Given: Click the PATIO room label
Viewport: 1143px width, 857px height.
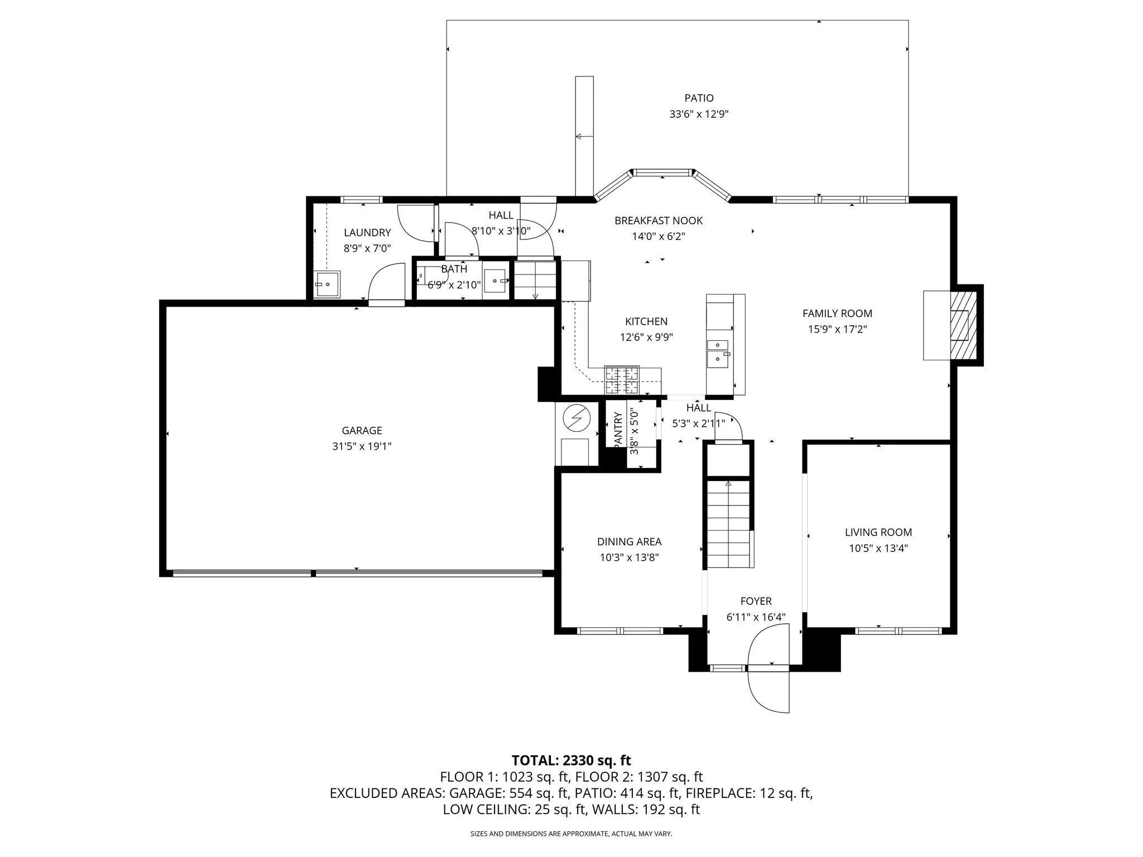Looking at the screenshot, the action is pyautogui.click(x=699, y=98).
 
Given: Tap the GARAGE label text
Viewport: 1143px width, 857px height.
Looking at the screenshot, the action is pyautogui.click(x=362, y=430).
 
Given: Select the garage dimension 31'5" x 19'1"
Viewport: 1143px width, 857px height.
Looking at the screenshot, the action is pyautogui.click(x=362, y=446).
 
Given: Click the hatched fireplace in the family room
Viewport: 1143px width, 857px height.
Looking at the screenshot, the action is pyautogui.click(x=963, y=325).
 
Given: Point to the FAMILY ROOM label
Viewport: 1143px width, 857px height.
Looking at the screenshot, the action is pyautogui.click(x=837, y=314).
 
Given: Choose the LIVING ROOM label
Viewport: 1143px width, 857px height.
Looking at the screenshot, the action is pyautogui.click(x=878, y=532).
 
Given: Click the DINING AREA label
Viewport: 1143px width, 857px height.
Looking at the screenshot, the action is pyautogui.click(x=630, y=541).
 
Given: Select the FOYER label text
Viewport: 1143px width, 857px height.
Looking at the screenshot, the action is pyautogui.click(x=756, y=601).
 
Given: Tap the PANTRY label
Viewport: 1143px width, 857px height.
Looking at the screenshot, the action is pyautogui.click(x=618, y=429).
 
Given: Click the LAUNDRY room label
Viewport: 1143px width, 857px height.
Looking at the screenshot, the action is pyautogui.click(x=367, y=233).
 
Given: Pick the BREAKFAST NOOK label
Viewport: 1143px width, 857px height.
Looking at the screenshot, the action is pyautogui.click(x=659, y=220).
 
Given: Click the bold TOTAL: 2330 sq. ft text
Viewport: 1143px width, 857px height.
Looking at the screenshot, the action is pyautogui.click(x=571, y=760).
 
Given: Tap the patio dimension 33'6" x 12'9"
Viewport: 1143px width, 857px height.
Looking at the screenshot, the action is pyautogui.click(x=699, y=114).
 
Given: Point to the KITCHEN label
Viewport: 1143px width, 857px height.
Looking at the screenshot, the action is pyautogui.click(x=646, y=321).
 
